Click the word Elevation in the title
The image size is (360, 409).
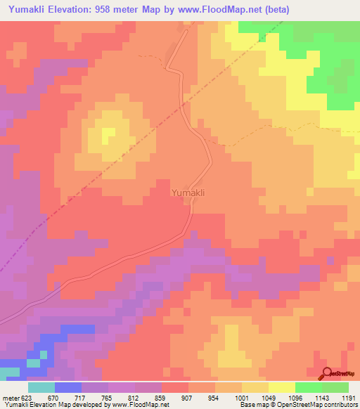click(83, 10)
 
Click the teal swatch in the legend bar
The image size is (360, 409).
click(41, 387)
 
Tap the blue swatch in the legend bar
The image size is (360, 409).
click(67, 387)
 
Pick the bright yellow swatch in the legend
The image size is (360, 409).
click(281, 387)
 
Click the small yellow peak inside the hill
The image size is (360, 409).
click(109, 134)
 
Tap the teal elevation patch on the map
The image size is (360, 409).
click(8, 371)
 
